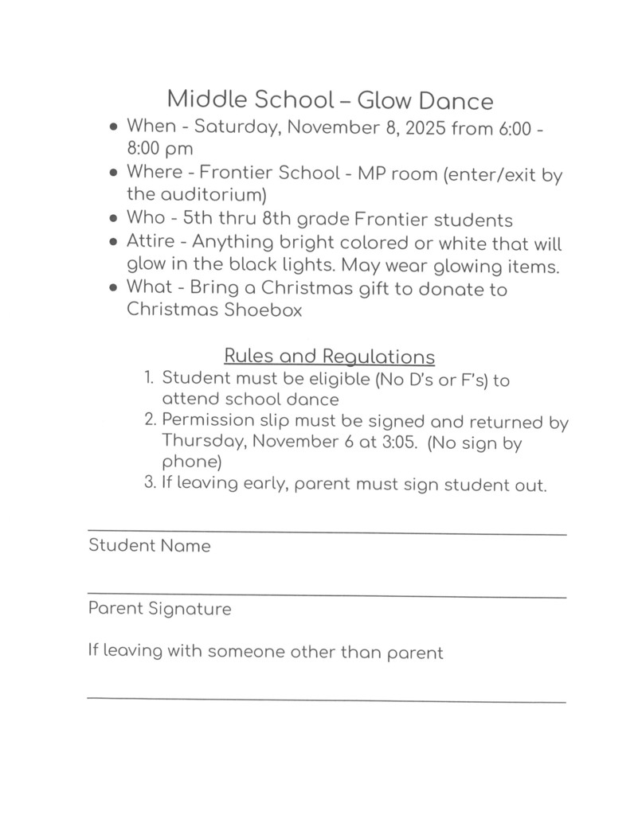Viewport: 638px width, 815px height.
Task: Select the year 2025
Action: coord(425,127)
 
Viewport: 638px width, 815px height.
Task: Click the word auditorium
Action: coord(194,195)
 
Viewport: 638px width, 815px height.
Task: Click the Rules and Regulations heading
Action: coord(330,356)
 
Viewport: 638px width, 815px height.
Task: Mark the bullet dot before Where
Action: coord(115,173)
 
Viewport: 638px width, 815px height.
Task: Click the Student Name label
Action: coord(149,546)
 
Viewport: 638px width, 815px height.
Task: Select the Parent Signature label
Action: coord(159,609)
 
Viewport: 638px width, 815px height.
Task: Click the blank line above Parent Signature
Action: coord(327,595)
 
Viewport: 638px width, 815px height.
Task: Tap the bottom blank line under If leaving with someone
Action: coord(327,700)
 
